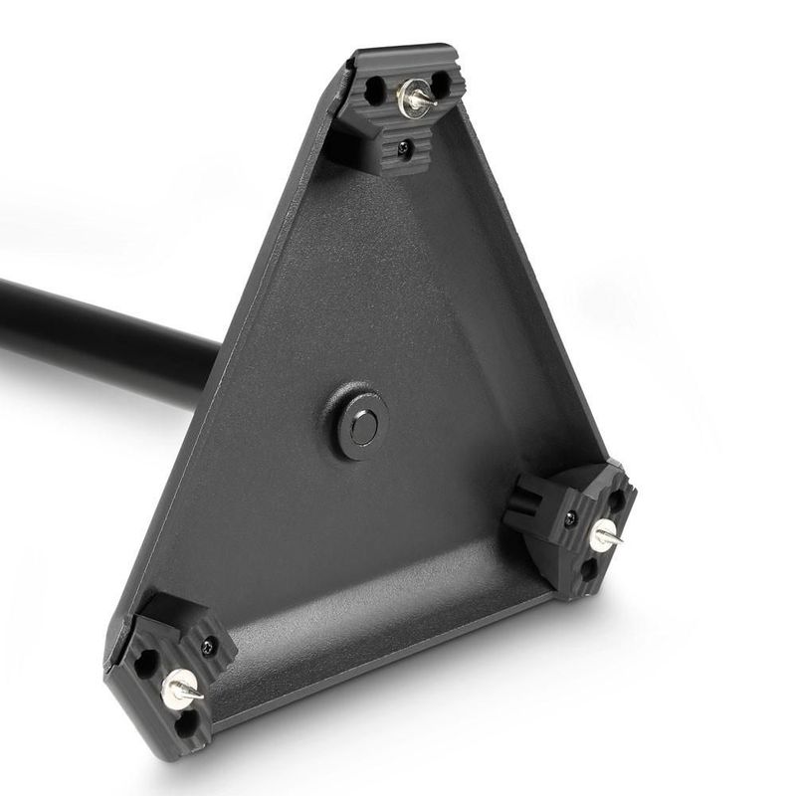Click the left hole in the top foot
[375, 93]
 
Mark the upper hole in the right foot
[617, 499]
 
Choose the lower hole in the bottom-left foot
[185, 722]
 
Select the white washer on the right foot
[601, 535]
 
